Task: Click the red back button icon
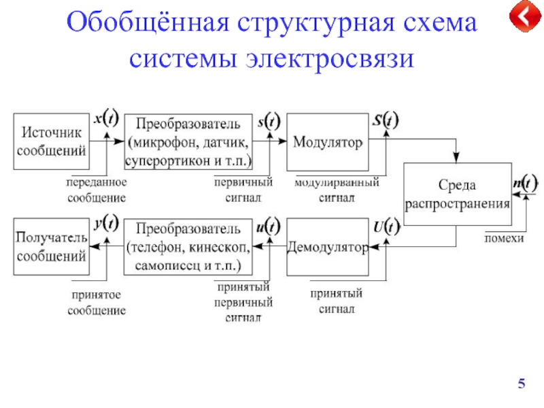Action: coord(525,16)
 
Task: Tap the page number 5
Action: coord(522,384)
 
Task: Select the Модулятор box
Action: coord(328,142)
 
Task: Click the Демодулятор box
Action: coord(328,247)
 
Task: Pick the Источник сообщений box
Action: coord(52,141)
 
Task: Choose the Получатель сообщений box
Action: coord(52,247)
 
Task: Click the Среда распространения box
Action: coord(457,194)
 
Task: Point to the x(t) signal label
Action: coord(106,118)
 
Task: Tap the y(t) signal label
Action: coord(106,223)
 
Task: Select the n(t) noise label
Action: coord(526,183)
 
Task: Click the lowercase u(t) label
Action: coord(269,227)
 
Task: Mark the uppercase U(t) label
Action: coord(386,227)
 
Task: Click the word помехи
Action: coord(504,239)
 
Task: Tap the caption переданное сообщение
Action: coord(97,190)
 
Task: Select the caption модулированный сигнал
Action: coord(337,190)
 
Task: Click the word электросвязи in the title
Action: coord(330,58)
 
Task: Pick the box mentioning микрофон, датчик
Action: coord(188,142)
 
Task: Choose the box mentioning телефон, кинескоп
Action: coord(188,247)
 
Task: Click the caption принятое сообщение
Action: coord(97,303)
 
